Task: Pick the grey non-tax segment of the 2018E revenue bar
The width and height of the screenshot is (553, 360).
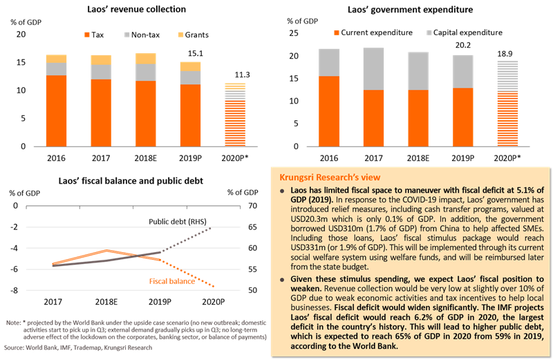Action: [146, 73]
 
